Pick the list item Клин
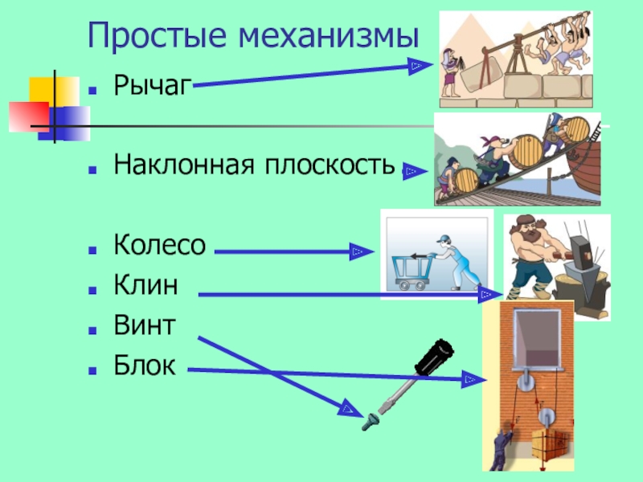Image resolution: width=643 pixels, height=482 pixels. point(145,286)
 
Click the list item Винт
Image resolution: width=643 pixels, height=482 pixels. point(144,326)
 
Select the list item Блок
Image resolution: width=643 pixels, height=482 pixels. point(144,366)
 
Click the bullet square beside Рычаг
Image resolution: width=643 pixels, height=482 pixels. point(95,84)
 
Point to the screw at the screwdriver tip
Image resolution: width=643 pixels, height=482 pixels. point(369,419)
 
